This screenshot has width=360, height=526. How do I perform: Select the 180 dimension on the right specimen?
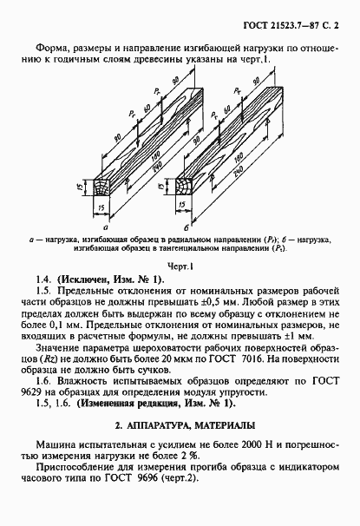click(239, 161)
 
